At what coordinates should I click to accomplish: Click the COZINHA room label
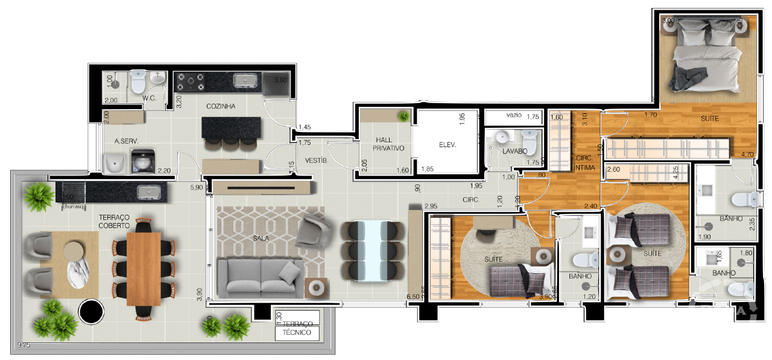point(220,106)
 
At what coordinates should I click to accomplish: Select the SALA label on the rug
point(261,238)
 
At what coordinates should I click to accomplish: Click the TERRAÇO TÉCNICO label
point(296,328)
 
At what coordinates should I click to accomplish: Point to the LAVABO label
point(514,151)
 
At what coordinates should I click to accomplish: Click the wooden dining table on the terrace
point(144,268)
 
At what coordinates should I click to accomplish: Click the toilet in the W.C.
point(138,80)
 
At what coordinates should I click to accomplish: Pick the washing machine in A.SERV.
point(143,162)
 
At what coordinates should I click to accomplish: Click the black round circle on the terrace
point(92,312)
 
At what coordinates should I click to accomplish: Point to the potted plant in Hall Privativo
point(402,115)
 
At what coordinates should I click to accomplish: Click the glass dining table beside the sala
point(372,251)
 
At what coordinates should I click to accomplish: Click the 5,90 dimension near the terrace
point(196,188)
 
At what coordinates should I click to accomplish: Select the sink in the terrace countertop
point(148,192)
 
